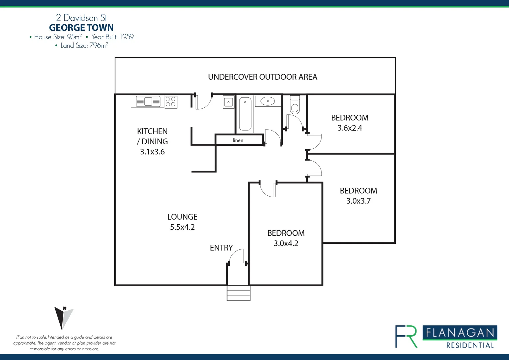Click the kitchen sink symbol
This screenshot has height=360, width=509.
click(148, 101)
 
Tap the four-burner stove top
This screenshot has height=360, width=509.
click(171, 102)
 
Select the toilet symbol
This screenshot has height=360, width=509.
click(295, 105)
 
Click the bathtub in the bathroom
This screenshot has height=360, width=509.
click(245, 114)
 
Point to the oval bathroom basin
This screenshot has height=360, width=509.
click(267, 101)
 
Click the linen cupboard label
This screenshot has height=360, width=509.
click(238, 140)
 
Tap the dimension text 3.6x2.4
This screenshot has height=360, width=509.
click(349, 128)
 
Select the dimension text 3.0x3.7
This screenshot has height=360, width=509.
click(358, 201)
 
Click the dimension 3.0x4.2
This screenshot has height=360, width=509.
click(286, 243)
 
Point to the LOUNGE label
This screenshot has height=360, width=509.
click(182, 217)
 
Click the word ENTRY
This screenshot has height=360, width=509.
click(221, 248)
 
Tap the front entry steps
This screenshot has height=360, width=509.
click(239, 293)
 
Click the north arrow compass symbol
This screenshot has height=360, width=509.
click(63, 317)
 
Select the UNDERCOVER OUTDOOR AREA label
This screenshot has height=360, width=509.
click(262, 77)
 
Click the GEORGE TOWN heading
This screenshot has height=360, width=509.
click(81, 28)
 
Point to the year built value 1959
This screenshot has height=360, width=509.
click(127, 37)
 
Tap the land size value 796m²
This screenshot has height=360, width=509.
click(99, 46)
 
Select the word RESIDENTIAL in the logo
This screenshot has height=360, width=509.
click(470, 345)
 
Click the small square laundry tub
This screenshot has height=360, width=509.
click(229, 102)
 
